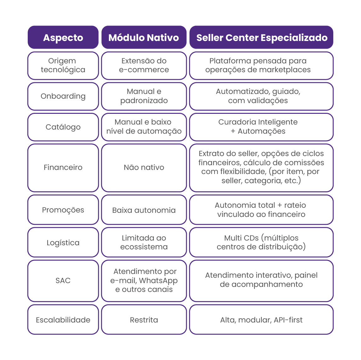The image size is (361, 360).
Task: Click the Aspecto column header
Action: click(63, 38)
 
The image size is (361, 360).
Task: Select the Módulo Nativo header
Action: click(144, 38)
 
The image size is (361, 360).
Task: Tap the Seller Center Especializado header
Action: click(261, 38)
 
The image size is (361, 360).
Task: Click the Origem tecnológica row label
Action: click(63, 65)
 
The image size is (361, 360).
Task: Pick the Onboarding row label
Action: click(63, 96)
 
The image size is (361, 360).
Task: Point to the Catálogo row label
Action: click(63, 127)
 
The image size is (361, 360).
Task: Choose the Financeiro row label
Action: click(63, 167)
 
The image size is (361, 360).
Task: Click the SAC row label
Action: click(63, 281)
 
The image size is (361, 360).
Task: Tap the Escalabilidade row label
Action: click(63, 320)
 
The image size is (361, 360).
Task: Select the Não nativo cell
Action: click(144, 167)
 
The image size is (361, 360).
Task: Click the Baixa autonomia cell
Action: click(144, 210)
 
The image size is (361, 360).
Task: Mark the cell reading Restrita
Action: click(144, 320)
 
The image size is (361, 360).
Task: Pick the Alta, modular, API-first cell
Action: click(261, 320)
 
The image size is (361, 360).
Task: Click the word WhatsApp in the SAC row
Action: click(158, 281)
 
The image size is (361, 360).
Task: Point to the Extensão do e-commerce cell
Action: click(144, 65)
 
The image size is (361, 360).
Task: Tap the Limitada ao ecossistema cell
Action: click(144, 242)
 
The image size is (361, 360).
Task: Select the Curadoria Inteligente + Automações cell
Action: click(261, 127)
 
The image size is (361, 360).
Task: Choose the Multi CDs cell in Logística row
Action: click(261, 242)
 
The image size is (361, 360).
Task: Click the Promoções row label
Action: click(63, 210)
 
